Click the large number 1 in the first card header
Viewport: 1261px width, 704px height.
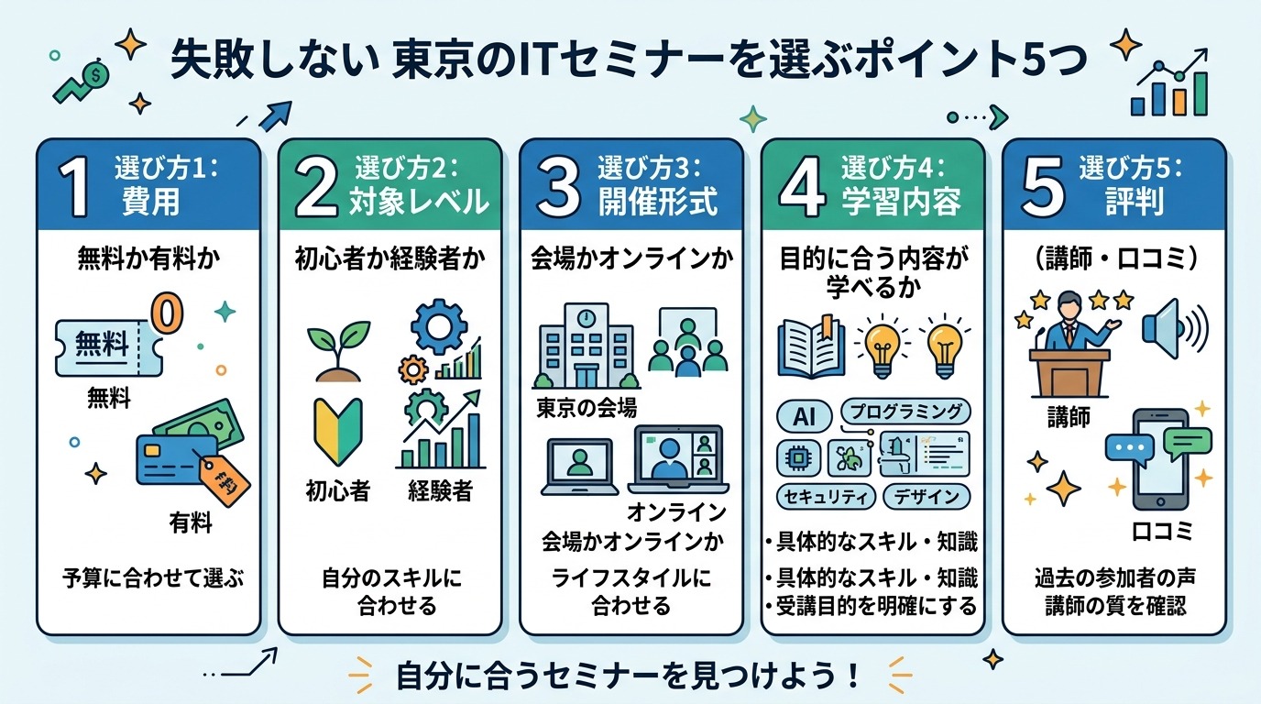pos(76,187)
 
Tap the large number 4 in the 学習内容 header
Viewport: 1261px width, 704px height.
pos(803,187)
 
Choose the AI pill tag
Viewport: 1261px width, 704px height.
pos(804,415)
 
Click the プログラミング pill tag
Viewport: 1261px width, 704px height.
pos(905,412)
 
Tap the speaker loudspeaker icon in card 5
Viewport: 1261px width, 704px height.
pos(1172,325)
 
